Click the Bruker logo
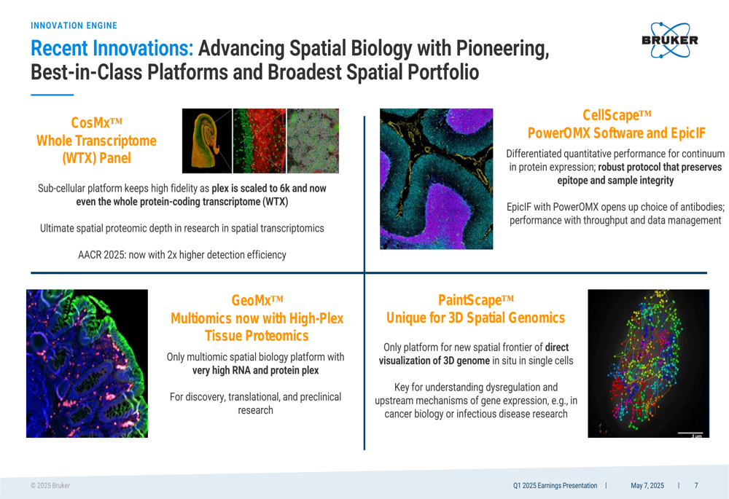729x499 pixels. (x=669, y=40)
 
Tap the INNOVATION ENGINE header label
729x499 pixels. (x=74, y=25)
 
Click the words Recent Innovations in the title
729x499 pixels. (x=112, y=48)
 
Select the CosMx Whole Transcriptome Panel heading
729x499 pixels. (x=97, y=141)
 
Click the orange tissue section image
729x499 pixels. (x=207, y=141)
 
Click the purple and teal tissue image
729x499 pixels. (x=436, y=179)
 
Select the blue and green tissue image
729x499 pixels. (x=87, y=364)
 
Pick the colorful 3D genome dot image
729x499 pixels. (x=649, y=364)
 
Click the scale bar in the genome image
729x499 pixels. (x=690, y=433)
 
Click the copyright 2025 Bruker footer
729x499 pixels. (x=50, y=486)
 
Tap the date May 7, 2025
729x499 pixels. (x=647, y=486)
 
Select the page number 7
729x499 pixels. (x=696, y=486)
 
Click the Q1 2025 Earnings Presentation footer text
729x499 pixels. (x=555, y=486)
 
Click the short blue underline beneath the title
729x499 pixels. (x=52, y=95)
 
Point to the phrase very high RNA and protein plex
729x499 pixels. (x=256, y=370)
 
